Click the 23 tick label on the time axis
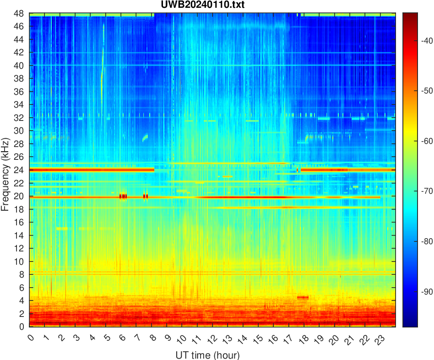click(x=378, y=339)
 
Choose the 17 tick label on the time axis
click(x=287, y=339)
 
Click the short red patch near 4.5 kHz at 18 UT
click(x=303, y=297)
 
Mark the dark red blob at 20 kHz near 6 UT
click(x=123, y=196)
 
